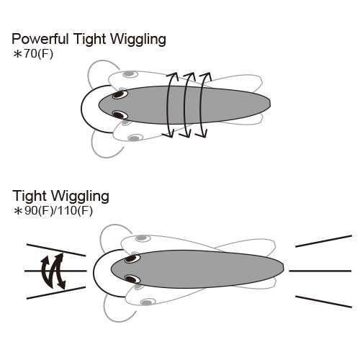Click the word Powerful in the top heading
point(40,39)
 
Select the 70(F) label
point(38,54)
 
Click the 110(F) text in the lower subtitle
point(76,211)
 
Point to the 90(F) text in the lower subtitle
point(39,211)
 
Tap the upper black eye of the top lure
point(120,94)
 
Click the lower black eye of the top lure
point(120,114)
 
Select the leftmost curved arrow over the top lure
point(171,105)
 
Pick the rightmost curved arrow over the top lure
point(203,105)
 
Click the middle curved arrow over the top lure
point(187,105)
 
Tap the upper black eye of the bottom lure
point(132,259)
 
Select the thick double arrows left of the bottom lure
point(53,271)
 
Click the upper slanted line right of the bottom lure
point(323,241)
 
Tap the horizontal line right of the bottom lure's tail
point(320,271)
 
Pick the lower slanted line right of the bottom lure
point(323,302)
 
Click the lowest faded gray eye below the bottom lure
point(148,302)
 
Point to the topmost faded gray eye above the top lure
point(130,74)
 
